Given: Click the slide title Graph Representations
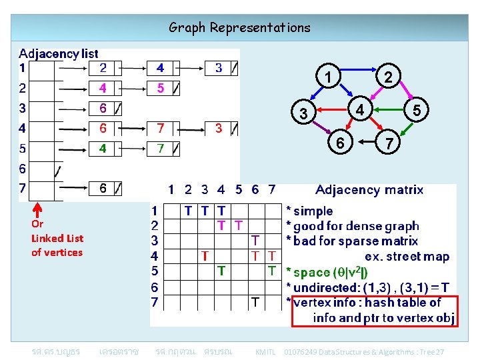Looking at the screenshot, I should [239, 27].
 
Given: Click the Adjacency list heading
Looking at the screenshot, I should [59, 53].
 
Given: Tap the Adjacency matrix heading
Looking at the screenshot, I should [369, 190].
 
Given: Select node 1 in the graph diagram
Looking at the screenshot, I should [328, 78].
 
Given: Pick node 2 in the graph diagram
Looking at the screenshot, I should [387, 78].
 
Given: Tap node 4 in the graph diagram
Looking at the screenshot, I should [359, 109].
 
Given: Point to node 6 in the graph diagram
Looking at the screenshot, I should [340, 143].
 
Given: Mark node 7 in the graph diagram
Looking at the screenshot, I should [387, 143].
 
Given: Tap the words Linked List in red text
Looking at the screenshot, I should [57, 238].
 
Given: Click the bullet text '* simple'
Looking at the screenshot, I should [309, 211].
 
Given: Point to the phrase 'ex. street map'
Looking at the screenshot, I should [407, 257].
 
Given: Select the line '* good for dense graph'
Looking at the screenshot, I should [352, 226].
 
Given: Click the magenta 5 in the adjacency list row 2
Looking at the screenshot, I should [161, 88].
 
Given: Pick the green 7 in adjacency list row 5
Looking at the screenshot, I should [161, 148].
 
